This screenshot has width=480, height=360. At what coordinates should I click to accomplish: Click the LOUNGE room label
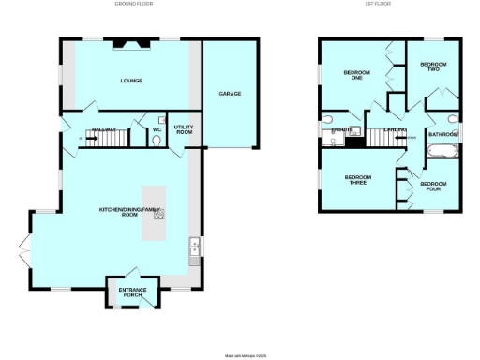tap(131, 82)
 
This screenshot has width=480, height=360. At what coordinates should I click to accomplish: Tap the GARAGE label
tap(230, 95)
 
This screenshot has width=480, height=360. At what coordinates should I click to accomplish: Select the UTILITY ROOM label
tap(184, 130)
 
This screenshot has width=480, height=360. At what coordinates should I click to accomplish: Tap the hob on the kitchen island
tap(159, 215)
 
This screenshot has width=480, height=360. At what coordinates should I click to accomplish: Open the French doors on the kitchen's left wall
tap(26, 248)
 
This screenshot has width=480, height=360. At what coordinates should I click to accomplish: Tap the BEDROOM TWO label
tap(432, 67)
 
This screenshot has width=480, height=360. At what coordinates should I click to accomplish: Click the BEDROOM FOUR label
tap(432, 186)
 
